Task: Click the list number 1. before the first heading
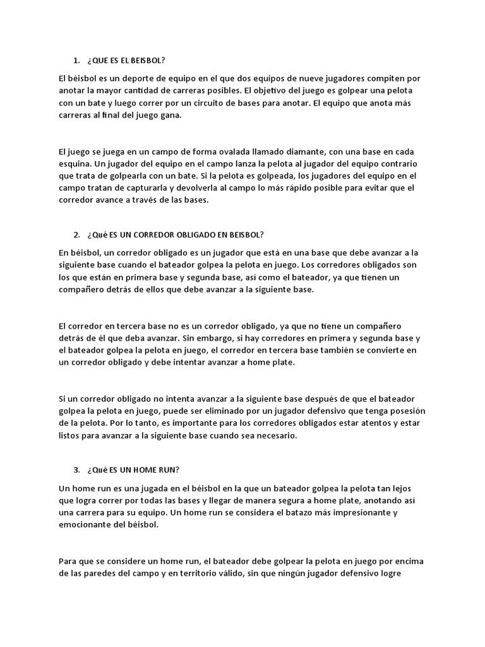pos(76,61)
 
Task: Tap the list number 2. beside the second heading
pos(76,235)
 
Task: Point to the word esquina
pos(75,164)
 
